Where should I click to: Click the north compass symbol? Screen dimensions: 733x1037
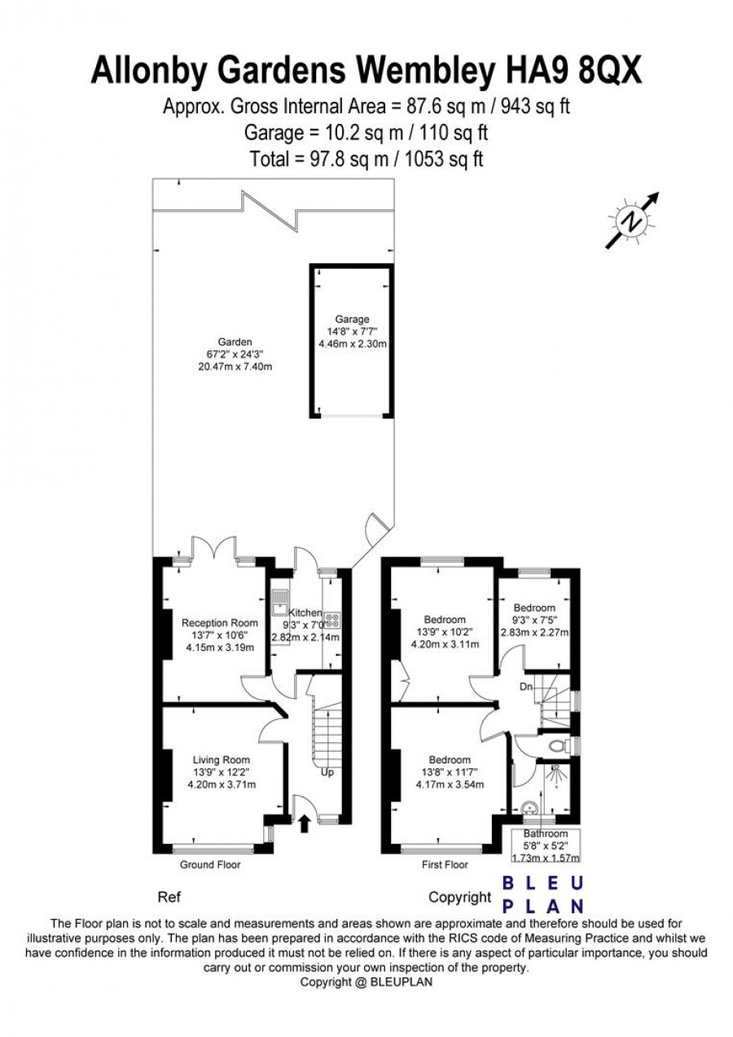coord(633,221)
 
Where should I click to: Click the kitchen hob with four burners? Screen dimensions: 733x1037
coord(332,621)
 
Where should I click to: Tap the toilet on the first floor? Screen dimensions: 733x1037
coord(561,746)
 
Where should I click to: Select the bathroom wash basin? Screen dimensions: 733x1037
coord(529,807)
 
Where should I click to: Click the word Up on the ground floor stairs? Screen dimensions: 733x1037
coord(327,772)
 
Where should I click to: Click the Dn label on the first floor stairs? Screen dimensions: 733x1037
coord(526,687)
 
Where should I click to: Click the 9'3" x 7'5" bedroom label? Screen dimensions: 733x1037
coord(534,620)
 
